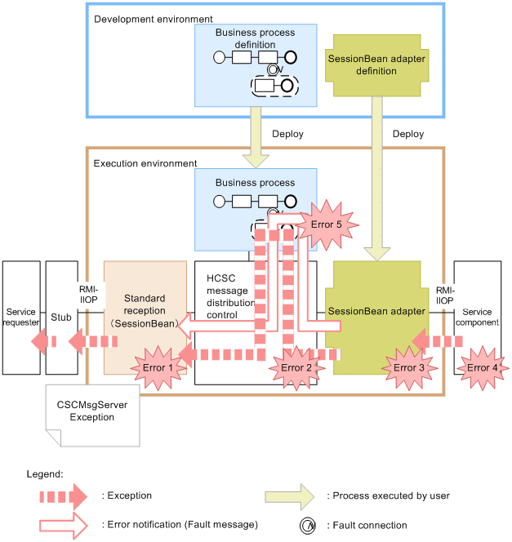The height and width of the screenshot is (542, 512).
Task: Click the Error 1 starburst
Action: pos(158,367)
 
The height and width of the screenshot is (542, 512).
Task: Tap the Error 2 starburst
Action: pos(296,367)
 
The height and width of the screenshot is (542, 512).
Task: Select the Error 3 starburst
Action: pos(409,367)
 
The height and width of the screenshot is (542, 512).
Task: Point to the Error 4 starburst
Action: pos(483,367)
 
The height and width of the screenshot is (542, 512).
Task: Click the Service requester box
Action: pos(21,318)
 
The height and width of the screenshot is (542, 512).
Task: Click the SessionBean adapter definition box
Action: pos(373,64)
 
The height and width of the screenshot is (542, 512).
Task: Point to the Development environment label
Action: pos(154,19)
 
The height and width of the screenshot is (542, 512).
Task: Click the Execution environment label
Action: pos(145,163)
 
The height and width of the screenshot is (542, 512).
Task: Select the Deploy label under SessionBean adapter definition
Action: pos(407,133)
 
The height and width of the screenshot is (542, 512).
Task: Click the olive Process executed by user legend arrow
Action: pos(289,495)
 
